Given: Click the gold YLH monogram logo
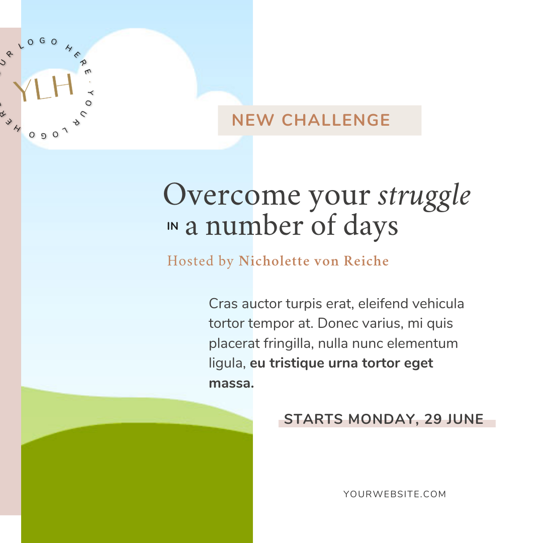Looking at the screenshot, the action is point(44,87).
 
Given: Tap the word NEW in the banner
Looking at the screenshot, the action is point(253,121).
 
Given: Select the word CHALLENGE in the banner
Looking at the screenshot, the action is point(336,121).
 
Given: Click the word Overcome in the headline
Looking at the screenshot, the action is point(232,195).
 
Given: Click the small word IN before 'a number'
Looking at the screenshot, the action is point(172,226).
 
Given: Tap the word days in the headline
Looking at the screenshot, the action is point(371,226).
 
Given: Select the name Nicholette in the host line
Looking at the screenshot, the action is point(274,261).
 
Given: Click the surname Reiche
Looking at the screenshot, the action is point(366,261).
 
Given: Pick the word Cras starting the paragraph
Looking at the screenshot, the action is point(223,304).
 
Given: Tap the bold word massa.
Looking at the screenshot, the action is point(231,383).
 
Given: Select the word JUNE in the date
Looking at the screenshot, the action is point(465,419).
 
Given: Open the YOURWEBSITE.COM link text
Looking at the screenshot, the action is point(395,494).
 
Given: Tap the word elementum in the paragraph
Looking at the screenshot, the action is point(422,343).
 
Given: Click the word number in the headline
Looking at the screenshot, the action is point(254,225).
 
